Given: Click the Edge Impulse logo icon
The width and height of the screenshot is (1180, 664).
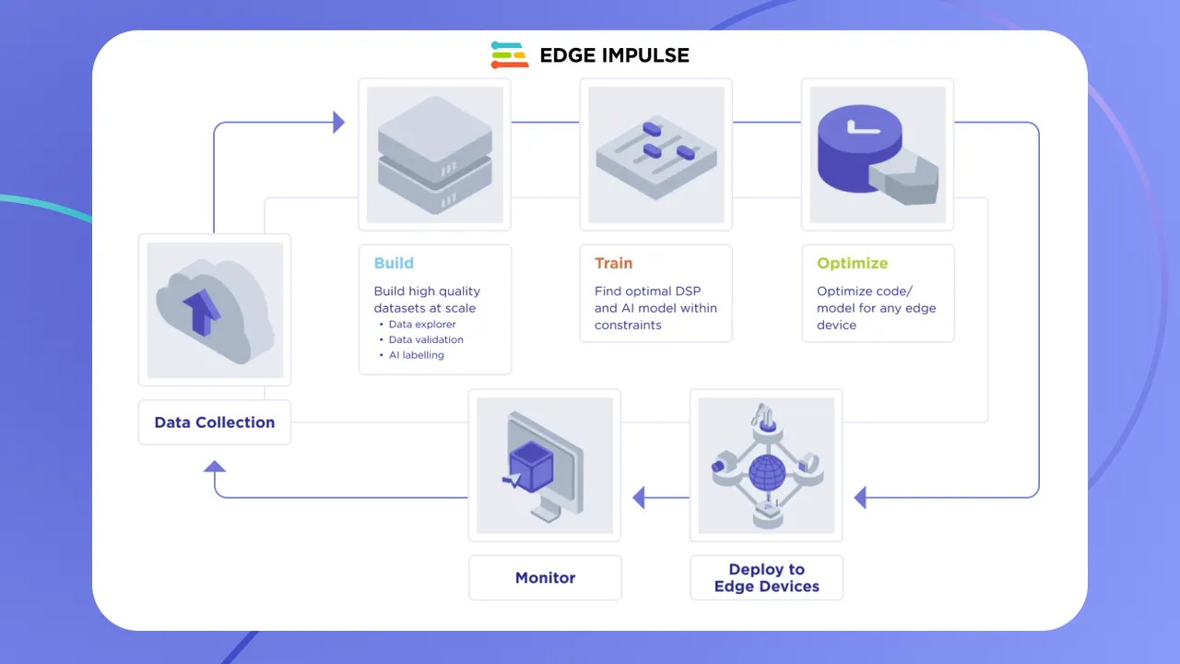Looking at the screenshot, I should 509,55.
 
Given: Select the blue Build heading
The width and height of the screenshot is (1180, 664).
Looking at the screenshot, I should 394,263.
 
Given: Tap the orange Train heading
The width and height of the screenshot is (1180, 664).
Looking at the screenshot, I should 613,263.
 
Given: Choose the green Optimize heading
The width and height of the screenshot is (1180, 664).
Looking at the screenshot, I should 852,263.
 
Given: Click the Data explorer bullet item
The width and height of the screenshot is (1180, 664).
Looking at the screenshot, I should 422,325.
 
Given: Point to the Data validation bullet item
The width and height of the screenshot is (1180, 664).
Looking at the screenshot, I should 426,339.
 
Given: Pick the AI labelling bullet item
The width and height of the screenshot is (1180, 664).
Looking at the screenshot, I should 416,355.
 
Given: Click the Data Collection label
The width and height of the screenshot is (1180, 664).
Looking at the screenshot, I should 214,422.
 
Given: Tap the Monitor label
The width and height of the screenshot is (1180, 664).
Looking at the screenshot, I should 545,578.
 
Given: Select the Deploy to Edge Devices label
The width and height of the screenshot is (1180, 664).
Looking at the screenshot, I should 766,577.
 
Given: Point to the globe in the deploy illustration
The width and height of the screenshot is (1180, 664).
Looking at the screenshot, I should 766,471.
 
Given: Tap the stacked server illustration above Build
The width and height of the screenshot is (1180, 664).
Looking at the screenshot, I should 434,154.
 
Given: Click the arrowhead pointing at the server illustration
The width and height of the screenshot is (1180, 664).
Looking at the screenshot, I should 338,122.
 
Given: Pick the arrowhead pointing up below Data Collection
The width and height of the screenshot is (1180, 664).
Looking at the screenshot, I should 215,467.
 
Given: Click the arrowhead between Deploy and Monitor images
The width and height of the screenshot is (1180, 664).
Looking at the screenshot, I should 638,498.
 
